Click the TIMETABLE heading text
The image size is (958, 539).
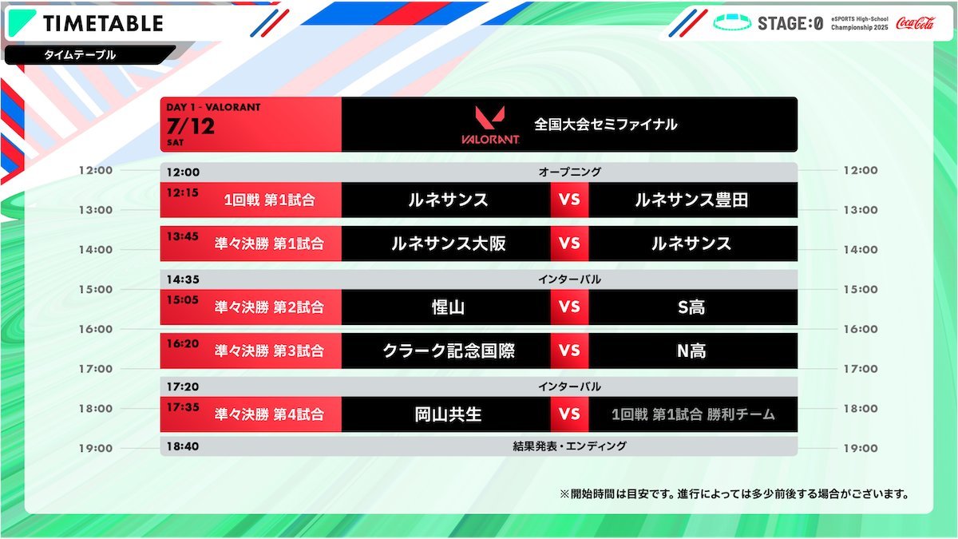[103, 23]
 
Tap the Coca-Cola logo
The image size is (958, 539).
[915, 22]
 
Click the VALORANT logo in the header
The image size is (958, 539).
[490, 125]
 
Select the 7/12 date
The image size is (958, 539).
[190, 126]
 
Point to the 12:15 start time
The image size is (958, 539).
[183, 192]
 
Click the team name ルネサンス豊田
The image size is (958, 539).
[691, 200]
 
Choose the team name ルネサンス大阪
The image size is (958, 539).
[448, 244]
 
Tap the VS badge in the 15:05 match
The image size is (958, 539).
[569, 307]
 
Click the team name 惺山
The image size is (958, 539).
[448, 307]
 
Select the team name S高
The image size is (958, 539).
[691, 307]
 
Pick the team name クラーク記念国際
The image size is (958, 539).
[449, 351]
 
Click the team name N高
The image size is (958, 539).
[691, 351]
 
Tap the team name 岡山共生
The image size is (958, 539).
[448, 414]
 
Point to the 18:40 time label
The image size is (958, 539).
[183, 446]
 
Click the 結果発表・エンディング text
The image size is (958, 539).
[569, 446]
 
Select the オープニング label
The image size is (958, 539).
[570, 172]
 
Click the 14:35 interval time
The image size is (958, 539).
[183, 279]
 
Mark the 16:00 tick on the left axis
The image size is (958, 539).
[95, 329]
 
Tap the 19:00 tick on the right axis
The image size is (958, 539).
[861, 448]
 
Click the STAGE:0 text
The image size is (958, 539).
[790, 23]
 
